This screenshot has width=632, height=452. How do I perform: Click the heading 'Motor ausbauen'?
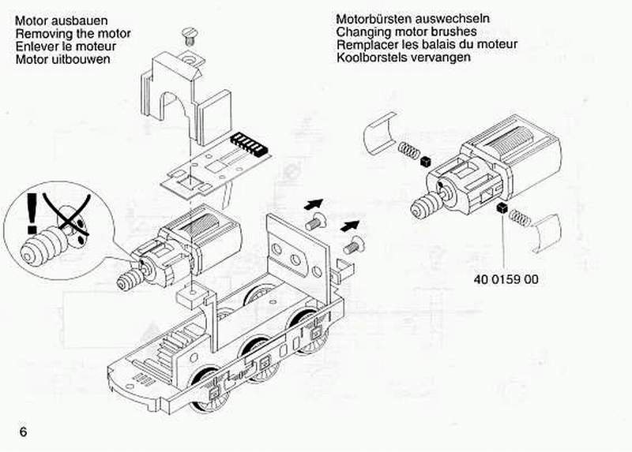click(62, 20)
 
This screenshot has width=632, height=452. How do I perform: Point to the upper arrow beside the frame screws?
click(314, 206)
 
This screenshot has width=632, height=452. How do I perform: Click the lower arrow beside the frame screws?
click(348, 226)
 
